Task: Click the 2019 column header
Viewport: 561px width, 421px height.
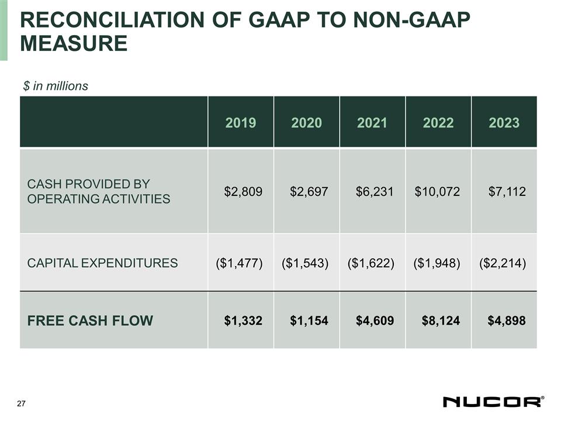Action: (x=241, y=123)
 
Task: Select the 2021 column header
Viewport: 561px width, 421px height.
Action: (x=372, y=123)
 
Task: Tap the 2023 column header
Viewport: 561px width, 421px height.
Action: (x=504, y=123)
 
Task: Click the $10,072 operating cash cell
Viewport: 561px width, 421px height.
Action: (x=438, y=191)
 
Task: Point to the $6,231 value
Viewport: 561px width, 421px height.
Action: (x=375, y=191)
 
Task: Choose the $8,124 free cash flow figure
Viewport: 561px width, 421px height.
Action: (x=441, y=320)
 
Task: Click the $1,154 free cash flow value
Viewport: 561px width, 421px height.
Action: (x=309, y=320)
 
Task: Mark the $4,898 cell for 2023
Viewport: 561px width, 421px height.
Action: (x=506, y=320)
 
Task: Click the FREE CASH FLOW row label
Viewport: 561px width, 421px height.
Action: (x=90, y=320)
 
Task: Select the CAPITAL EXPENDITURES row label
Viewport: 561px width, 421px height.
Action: (x=102, y=263)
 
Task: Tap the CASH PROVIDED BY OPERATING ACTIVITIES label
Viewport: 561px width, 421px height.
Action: (x=99, y=191)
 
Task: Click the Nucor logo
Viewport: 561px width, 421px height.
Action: (x=493, y=402)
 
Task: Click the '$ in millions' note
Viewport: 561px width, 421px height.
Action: (x=56, y=86)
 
